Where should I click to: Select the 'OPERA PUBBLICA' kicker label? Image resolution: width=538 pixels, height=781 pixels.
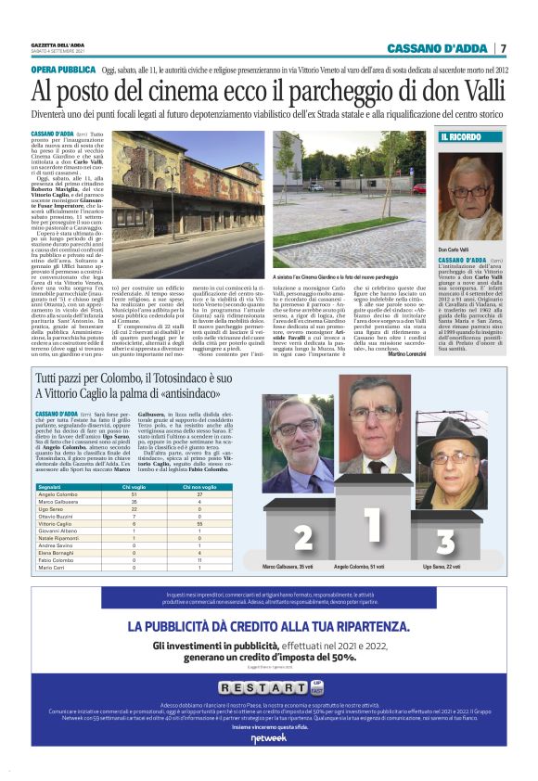(x=64, y=70)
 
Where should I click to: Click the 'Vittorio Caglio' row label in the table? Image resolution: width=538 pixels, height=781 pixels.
(x=57, y=523)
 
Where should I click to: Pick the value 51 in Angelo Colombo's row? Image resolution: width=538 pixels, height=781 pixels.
(x=134, y=494)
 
